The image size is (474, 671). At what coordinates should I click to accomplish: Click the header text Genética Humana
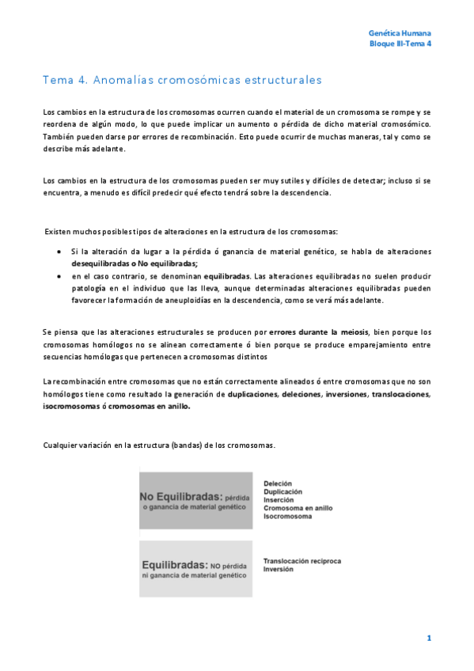pyautogui.click(x=400, y=33)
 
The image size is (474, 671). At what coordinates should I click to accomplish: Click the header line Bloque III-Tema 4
pyautogui.click(x=400, y=44)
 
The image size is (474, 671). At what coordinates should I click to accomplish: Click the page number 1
pyautogui.click(x=428, y=638)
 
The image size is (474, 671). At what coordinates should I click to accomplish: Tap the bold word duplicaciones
pyautogui.click(x=252, y=393)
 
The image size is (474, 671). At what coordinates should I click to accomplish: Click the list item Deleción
pyautogui.click(x=278, y=483)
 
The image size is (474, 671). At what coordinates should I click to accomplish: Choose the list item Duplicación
pyautogui.click(x=283, y=491)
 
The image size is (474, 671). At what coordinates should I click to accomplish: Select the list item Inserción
pyautogui.click(x=279, y=499)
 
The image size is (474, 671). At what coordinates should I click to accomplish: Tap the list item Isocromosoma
pyautogui.click(x=287, y=516)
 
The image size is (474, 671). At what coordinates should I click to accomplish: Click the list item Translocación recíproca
pyautogui.click(x=301, y=561)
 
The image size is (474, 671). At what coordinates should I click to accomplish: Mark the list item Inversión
pyautogui.click(x=279, y=569)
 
